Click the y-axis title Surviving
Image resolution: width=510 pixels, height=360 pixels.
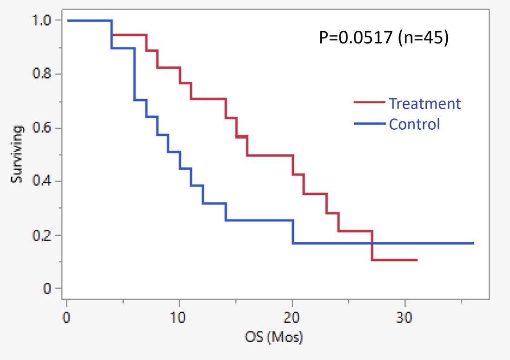pos(17,154)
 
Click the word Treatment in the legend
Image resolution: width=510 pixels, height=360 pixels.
pos(424,103)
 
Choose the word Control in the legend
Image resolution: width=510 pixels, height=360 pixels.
pos(414,124)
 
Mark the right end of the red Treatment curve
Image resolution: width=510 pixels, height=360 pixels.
pos(417,260)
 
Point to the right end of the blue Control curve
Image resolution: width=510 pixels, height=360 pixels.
pos(473,243)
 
